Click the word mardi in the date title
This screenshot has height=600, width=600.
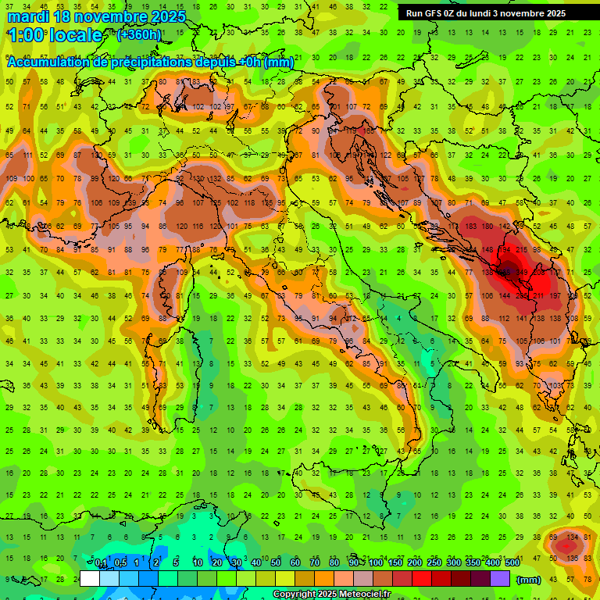coord(28,16)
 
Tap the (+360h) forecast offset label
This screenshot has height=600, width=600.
coord(140,34)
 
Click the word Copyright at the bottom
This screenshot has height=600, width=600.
coord(295,595)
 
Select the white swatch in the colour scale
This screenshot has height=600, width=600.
coord(90,579)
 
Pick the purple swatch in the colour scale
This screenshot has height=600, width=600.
coord(500,579)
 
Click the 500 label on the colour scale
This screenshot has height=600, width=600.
coord(512,563)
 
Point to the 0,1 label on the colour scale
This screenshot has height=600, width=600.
coord(101,563)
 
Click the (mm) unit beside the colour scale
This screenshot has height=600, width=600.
coord(529,580)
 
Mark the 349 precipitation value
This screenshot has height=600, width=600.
coord(523,273)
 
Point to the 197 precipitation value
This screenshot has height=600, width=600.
coord(555,296)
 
